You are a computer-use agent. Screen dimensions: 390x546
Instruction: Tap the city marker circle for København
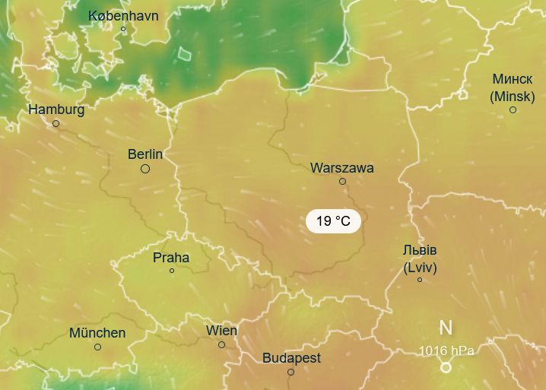(123, 30)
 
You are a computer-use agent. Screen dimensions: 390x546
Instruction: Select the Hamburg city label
(56, 109)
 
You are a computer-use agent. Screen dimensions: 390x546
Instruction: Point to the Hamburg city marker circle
(56, 123)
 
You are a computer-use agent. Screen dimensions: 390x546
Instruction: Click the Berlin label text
(145, 154)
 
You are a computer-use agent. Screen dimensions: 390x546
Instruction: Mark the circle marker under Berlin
(145, 169)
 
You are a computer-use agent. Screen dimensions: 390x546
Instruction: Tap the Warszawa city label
(342, 168)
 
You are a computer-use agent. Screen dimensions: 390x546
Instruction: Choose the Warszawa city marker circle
(342, 181)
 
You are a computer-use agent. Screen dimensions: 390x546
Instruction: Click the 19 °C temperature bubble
(333, 221)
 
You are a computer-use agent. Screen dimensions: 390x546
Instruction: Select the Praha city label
(171, 257)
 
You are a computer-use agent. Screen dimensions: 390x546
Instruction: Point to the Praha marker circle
(172, 271)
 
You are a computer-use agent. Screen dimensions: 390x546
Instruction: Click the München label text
(97, 333)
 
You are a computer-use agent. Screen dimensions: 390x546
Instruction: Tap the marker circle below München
(97, 347)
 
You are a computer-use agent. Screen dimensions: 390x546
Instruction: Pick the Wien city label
(221, 331)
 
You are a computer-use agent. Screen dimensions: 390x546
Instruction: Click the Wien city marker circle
(221, 344)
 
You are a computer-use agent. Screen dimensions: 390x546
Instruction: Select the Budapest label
(291, 358)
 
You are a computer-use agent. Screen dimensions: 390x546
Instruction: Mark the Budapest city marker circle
(290, 372)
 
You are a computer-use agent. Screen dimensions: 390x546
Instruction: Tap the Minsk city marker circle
(513, 110)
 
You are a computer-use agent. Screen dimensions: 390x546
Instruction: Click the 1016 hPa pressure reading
(446, 350)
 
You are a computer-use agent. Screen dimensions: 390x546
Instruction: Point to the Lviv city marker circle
(420, 280)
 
